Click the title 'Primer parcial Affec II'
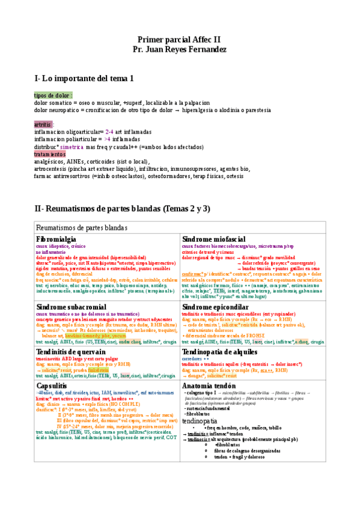tap(180, 38)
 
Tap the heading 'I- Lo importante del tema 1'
tap(84, 78)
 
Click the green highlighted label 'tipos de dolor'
tap(52, 96)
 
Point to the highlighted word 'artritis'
tap(43, 124)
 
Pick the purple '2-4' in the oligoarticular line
tap(109, 132)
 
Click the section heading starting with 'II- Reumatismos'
tap(122, 209)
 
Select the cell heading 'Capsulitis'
tap(55, 385)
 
